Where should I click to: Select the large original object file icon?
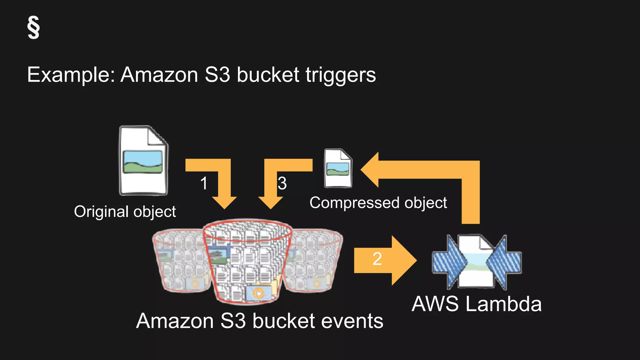[x=143, y=161]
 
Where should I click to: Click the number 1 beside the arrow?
[x=204, y=183]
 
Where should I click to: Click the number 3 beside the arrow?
[x=282, y=183]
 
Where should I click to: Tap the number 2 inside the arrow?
[x=377, y=259]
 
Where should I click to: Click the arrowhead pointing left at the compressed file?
[x=371, y=170]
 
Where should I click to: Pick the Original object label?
[x=125, y=212]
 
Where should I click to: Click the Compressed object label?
[x=378, y=202]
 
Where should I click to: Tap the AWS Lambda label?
[x=477, y=304]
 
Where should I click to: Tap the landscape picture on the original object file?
[x=143, y=162]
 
